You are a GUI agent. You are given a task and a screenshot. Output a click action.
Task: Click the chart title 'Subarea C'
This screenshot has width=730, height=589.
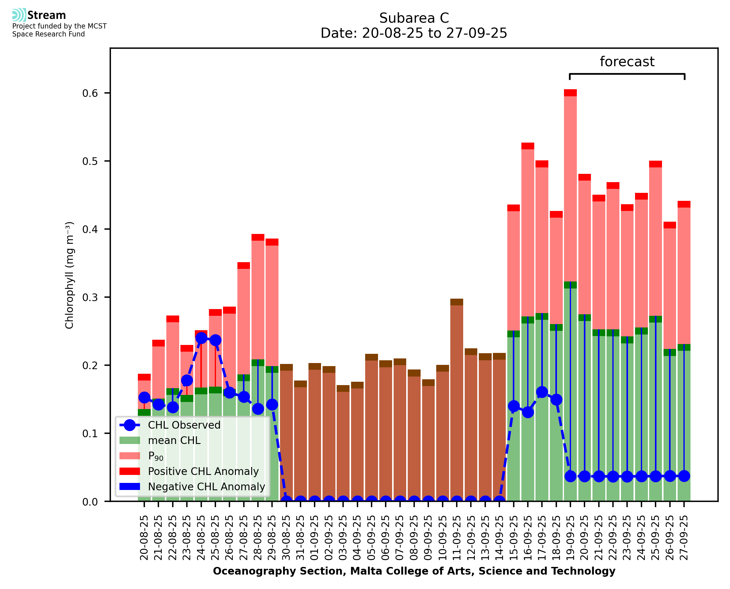pos(414,18)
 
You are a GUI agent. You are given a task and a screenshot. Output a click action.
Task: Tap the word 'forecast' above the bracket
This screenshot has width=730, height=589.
pos(627,62)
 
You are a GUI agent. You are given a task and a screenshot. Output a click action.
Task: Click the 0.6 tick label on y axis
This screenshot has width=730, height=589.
pos(90,93)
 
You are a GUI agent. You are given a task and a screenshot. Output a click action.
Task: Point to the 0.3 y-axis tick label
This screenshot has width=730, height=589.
pos(90,297)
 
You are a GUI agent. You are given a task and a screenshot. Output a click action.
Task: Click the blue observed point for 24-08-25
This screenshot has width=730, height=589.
pos(201,338)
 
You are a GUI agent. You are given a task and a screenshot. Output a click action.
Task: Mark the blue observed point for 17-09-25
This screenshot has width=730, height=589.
pos(542,392)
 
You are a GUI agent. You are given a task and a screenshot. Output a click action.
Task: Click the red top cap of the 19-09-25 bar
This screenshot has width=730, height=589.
pos(570,93)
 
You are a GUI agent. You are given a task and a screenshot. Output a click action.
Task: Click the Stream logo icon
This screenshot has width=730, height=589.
pos(19,15)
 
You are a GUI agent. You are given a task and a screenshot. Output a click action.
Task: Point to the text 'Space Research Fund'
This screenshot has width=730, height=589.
pos(48,34)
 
